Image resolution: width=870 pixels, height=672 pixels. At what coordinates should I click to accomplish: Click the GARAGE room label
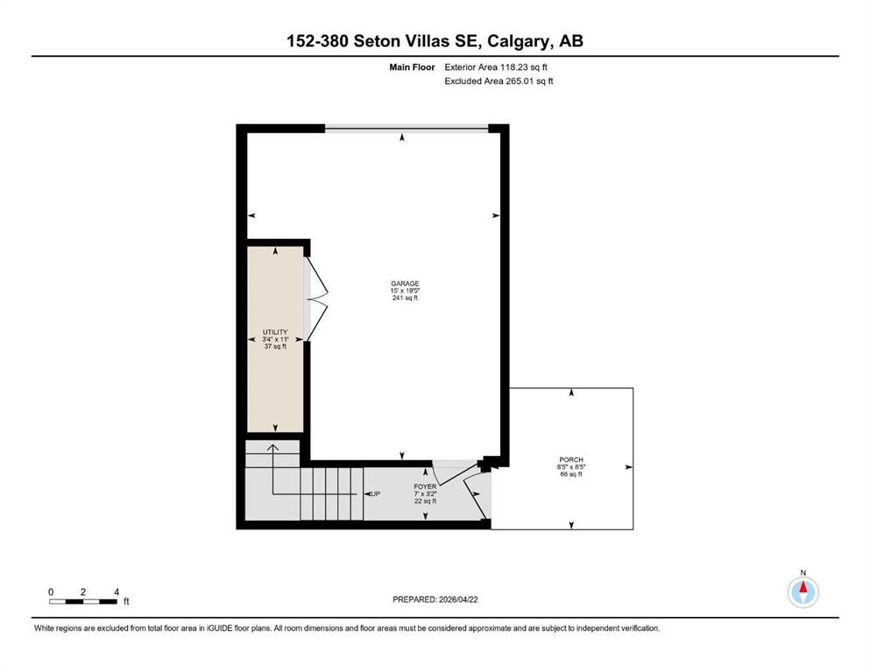click(x=405, y=283)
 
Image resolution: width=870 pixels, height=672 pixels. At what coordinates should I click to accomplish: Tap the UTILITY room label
click(x=275, y=332)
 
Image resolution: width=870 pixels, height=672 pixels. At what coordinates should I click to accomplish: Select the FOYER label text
click(x=425, y=487)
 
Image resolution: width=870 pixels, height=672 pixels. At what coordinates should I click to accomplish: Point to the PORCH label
click(x=571, y=460)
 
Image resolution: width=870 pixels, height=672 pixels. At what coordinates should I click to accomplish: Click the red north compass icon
click(x=803, y=591)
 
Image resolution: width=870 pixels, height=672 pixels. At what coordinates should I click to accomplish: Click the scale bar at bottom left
click(x=83, y=601)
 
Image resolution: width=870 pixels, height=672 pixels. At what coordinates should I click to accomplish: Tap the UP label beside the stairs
click(x=376, y=493)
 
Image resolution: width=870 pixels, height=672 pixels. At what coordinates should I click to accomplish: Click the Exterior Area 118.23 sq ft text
click(x=496, y=67)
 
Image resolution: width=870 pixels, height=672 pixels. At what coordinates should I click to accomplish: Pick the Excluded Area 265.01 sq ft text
click(x=499, y=80)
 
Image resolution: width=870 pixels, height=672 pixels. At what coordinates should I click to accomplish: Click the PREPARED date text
click(x=435, y=599)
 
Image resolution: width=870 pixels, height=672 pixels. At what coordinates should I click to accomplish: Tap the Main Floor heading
click(x=412, y=67)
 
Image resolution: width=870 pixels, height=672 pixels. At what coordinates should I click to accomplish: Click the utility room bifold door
click(x=316, y=299)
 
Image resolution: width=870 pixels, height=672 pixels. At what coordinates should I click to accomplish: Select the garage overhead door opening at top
click(x=407, y=129)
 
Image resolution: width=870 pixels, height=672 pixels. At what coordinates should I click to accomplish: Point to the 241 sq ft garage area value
click(x=405, y=298)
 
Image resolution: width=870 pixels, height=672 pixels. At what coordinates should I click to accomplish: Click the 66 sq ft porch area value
click(x=571, y=474)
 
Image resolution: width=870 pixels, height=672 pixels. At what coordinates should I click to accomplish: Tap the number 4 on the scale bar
click(x=117, y=592)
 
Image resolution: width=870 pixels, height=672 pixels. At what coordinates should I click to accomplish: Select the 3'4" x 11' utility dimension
click(x=275, y=339)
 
